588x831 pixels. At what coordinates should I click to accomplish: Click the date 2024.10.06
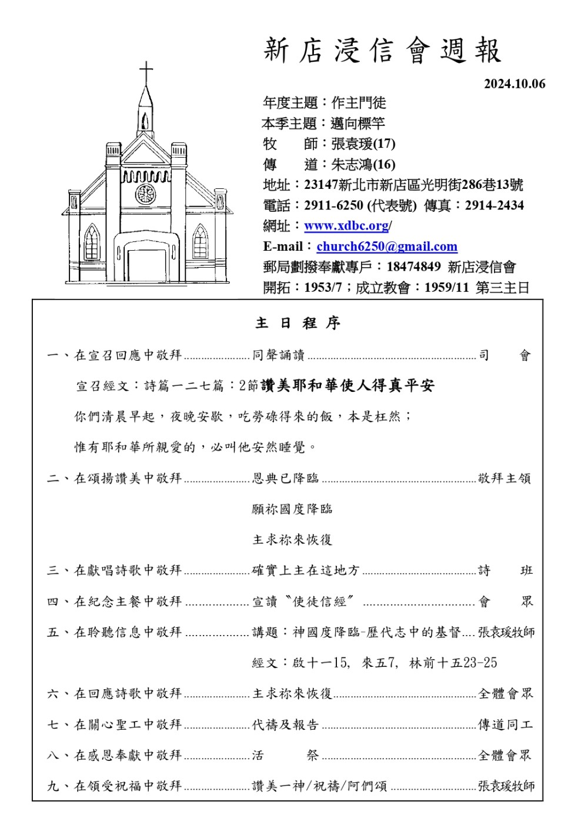click(514, 84)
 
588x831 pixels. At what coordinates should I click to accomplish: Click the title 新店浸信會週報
click(382, 51)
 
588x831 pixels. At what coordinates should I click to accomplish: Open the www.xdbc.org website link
click(347, 226)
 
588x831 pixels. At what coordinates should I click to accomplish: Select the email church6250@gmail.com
click(387, 247)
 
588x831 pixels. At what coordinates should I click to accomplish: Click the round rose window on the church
click(145, 194)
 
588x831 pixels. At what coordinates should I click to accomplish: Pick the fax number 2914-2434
click(494, 205)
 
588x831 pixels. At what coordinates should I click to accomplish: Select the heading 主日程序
click(298, 323)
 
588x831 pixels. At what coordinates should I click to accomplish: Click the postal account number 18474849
click(413, 267)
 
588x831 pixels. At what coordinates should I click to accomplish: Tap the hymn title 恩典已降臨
click(286, 478)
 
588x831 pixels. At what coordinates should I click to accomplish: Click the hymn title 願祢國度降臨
click(292, 509)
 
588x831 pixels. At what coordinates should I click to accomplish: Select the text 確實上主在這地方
click(306, 570)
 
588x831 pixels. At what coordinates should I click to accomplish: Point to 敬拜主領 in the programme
click(505, 478)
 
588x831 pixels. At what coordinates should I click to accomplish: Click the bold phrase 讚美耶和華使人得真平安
click(347, 386)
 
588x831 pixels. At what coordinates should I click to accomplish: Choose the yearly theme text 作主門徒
click(359, 103)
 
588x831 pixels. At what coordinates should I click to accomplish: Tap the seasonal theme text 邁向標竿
click(358, 124)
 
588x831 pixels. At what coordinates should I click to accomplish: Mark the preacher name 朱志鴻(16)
click(363, 165)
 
